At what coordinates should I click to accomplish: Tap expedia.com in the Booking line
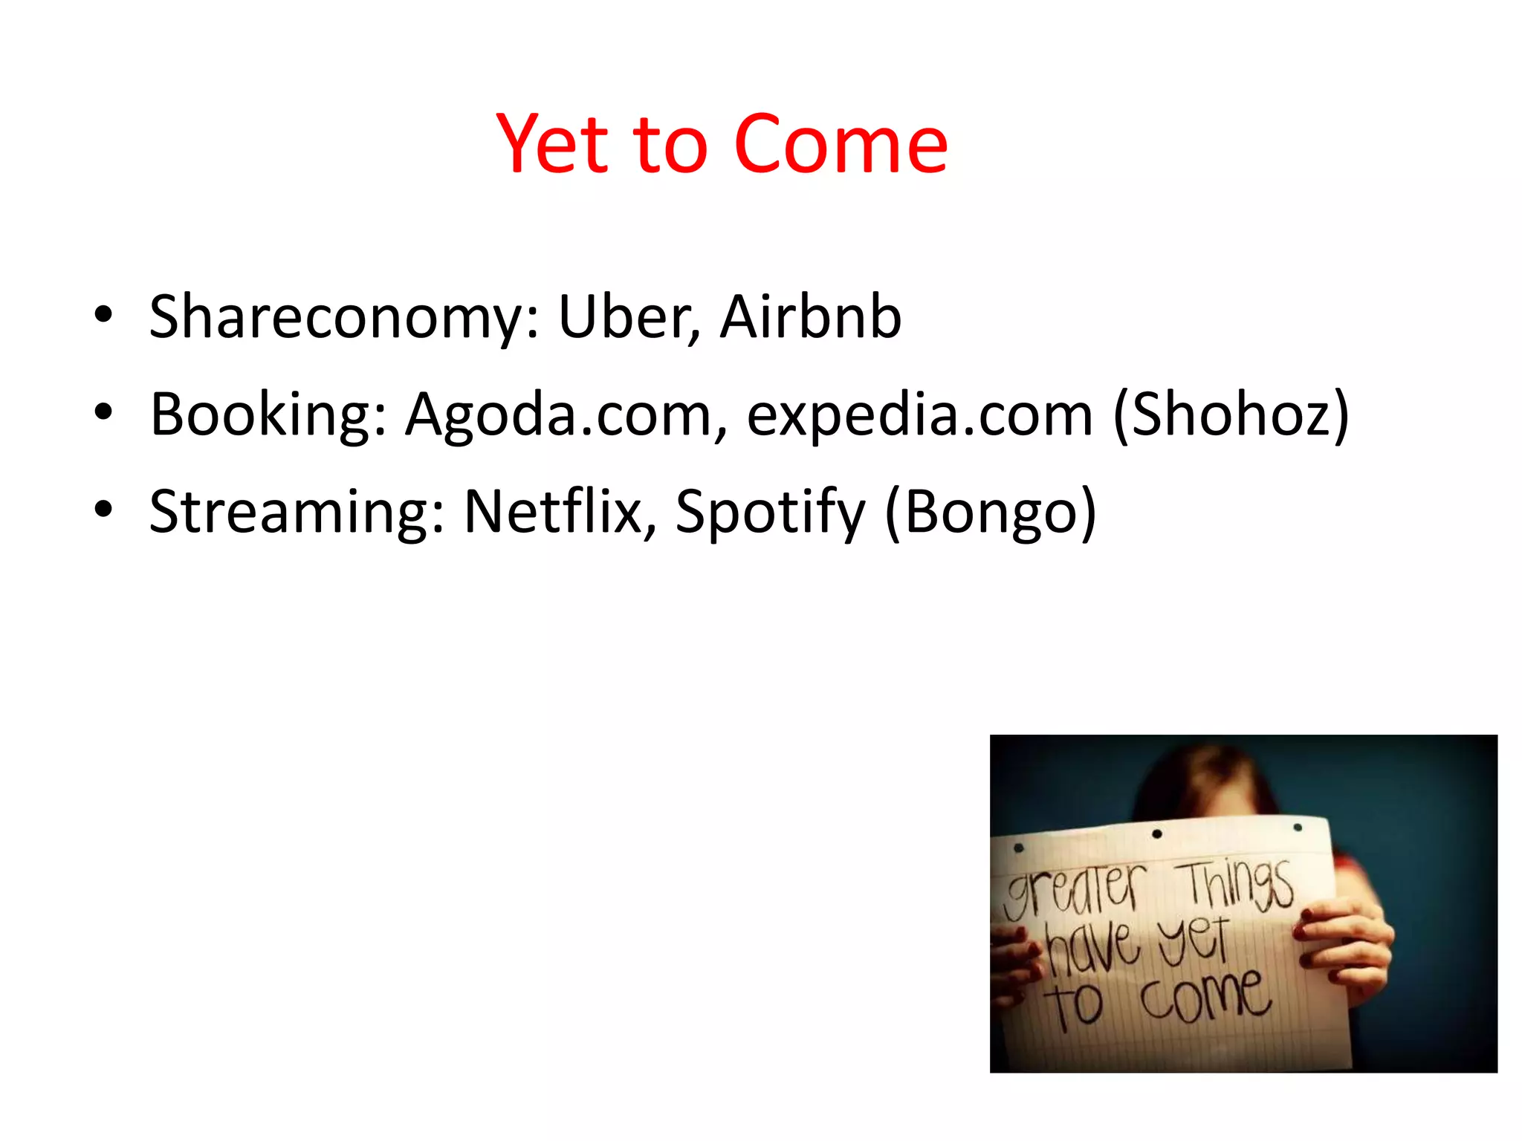919,415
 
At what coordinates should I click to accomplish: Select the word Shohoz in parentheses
1230,415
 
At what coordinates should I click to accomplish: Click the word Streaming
297,512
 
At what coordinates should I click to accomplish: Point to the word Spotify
770,512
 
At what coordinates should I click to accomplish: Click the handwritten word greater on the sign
1074,891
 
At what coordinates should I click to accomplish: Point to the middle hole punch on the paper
1157,834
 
